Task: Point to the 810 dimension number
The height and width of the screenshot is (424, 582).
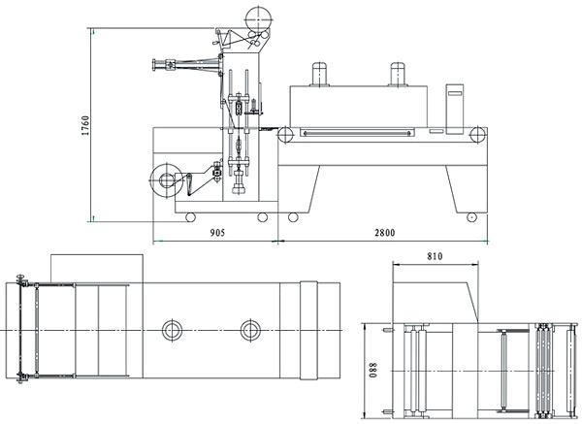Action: pos(433,256)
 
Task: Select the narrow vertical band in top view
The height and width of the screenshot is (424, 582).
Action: pos(307,330)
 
